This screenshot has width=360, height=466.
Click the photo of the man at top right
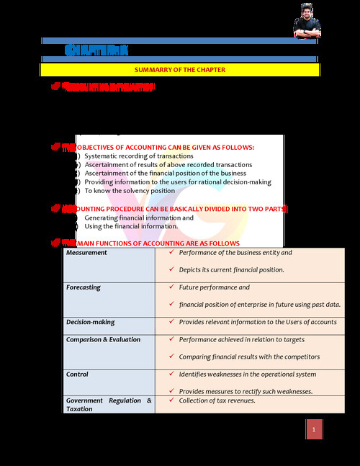[307, 19]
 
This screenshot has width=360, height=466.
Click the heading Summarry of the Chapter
[180, 70]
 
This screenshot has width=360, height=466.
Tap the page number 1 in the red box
[314, 431]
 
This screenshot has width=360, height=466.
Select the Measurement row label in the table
[86, 254]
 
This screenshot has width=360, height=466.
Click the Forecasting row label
[84, 288]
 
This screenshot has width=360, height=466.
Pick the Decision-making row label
[90, 323]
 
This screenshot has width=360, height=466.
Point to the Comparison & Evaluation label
[103, 340]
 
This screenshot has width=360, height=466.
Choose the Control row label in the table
[77, 375]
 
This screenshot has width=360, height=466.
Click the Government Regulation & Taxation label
[109, 405]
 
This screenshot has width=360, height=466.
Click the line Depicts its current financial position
[231, 270]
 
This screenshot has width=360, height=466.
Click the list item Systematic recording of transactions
[138, 156]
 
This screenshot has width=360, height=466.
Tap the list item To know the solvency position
[130, 191]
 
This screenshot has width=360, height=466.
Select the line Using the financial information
[131, 226]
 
